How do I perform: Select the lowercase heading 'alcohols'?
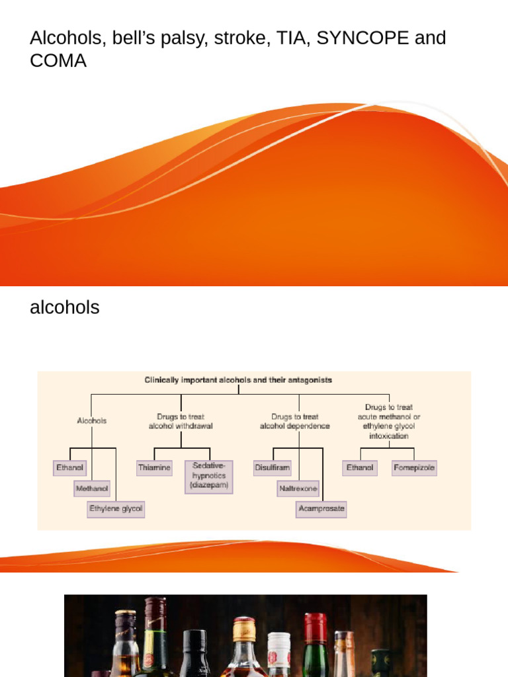pyautogui.click(x=65, y=307)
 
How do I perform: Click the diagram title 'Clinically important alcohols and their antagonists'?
pyautogui.click(x=238, y=380)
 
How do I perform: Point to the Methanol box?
pyautogui.click(x=92, y=489)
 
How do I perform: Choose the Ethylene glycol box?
pyautogui.click(x=116, y=509)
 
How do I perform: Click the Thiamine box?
pyautogui.click(x=154, y=467)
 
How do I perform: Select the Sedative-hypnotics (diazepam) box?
pyautogui.click(x=209, y=476)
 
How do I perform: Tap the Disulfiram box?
pyautogui.click(x=272, y=467)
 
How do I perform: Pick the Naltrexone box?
pyautogui.click(x=298, y=489)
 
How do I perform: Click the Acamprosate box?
pyautogui.click(x=321, y=509)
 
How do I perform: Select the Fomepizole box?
pyautogui.click(x=414, y=467)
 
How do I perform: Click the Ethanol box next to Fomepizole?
pyautogui.click(x=360, y=467)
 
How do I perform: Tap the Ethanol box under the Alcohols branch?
pyautogui.click(x=70, y=467)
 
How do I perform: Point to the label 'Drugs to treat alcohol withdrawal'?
pyautogui.click(x=181, y=421)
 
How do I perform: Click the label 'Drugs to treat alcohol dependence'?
pyautogui.click(x=295, y=421)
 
